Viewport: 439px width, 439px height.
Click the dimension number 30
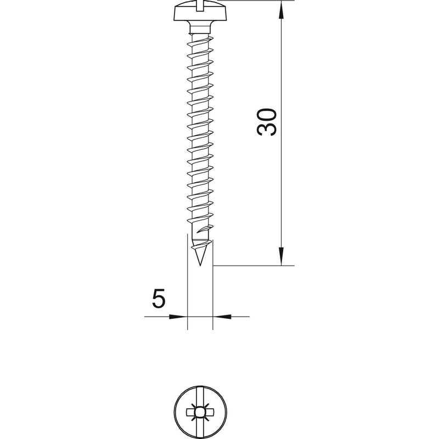(x=267, y=122)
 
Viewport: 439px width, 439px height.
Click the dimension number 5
(x=159, y=299)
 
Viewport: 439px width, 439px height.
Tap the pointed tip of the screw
(x=200, y=265)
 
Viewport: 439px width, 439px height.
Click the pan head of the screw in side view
(x=200, y=13)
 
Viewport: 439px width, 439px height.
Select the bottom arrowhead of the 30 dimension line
(x=282, y=256)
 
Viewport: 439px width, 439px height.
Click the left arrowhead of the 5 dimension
(x=178, y=317)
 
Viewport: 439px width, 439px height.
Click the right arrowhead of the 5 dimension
(x=222, y=317)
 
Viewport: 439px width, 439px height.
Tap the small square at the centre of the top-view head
(x=200, y=412)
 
